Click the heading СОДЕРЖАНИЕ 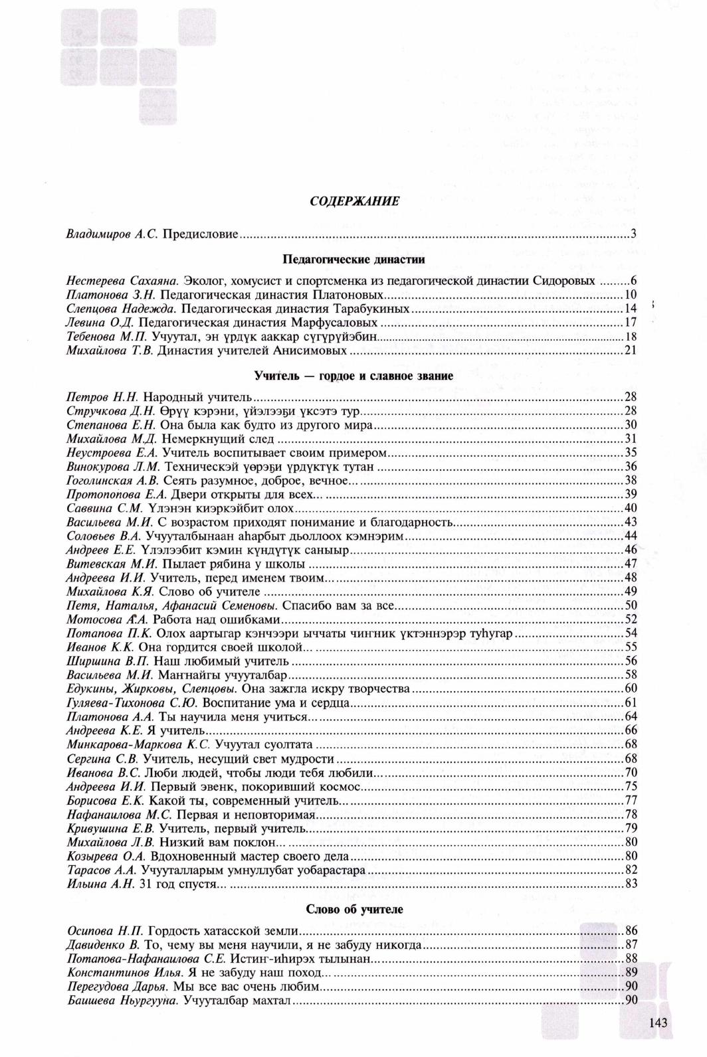(354, 202)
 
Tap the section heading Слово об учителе (354, 909)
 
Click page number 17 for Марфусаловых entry (631, 323)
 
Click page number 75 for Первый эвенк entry (631, 786)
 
